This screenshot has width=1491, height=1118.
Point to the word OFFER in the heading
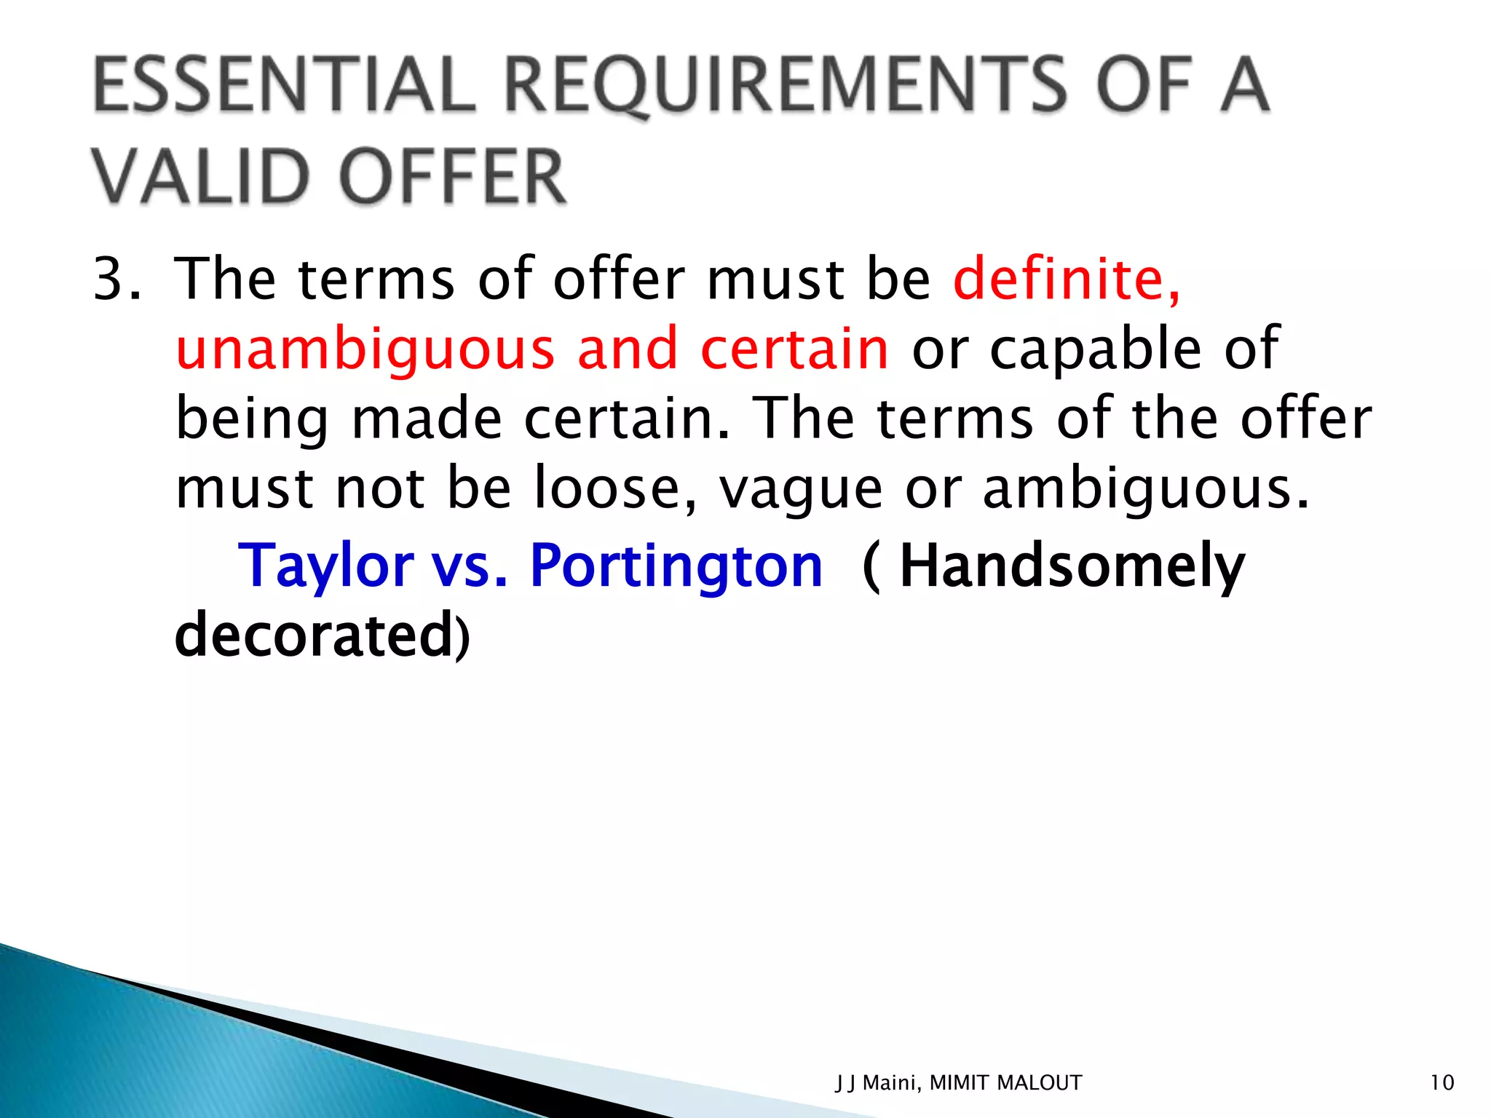click(x=453, y=176)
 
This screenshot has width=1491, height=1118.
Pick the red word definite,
click(x=1067, y=279)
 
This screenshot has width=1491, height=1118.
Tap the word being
click(x=252, y=420)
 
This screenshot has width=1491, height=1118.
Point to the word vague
click(x=801, y=489)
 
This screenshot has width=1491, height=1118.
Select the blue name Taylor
click(x=325, y=566)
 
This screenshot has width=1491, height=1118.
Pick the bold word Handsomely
click(x=1072, y=566)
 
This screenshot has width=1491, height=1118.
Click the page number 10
click(x=1441, y=1083)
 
